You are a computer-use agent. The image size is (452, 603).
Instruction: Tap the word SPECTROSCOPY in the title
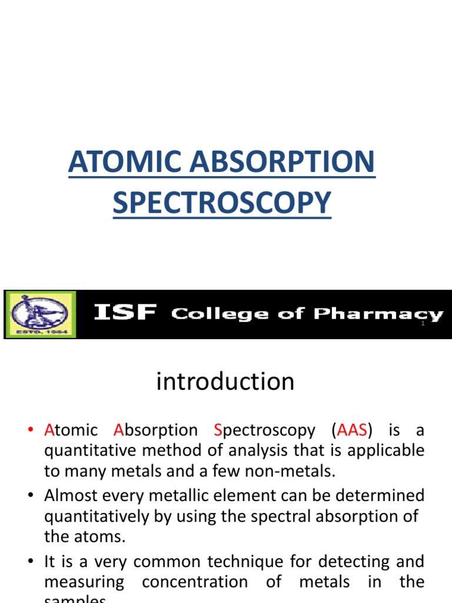[x=222, y=203]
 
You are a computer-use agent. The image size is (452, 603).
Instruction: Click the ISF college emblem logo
[x=40, y=314]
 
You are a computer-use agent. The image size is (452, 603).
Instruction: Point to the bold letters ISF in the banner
[x=125, y=314]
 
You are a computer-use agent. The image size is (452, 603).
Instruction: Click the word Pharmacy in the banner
[x=378, y=314]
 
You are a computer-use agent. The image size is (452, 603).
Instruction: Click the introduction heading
[x=225, y=382]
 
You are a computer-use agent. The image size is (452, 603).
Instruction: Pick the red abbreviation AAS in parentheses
[x=353, y=430]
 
